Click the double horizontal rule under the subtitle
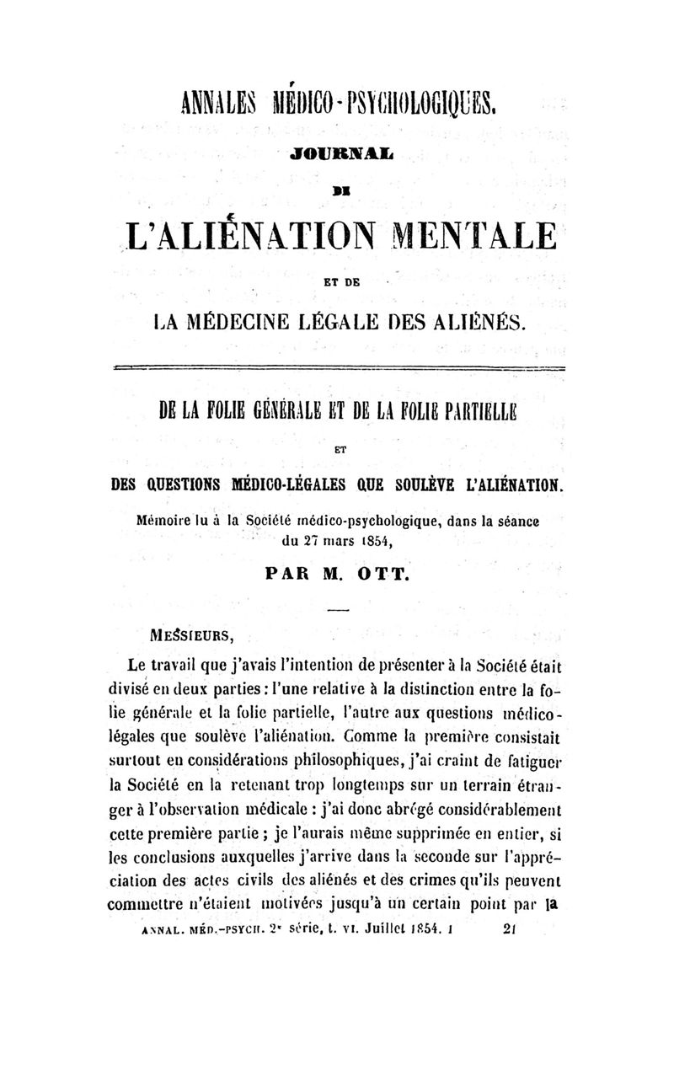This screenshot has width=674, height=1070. [337, 368]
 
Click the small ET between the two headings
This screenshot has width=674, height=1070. [336, 450]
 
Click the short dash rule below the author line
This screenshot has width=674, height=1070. [336, 608]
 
